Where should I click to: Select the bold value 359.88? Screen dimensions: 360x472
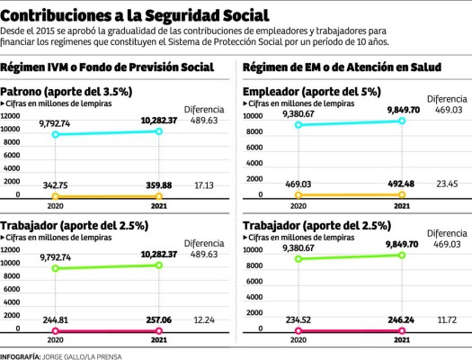[157, 184]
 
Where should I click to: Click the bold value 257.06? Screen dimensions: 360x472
[157, 318]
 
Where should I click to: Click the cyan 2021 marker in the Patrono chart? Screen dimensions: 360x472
[158, 131]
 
